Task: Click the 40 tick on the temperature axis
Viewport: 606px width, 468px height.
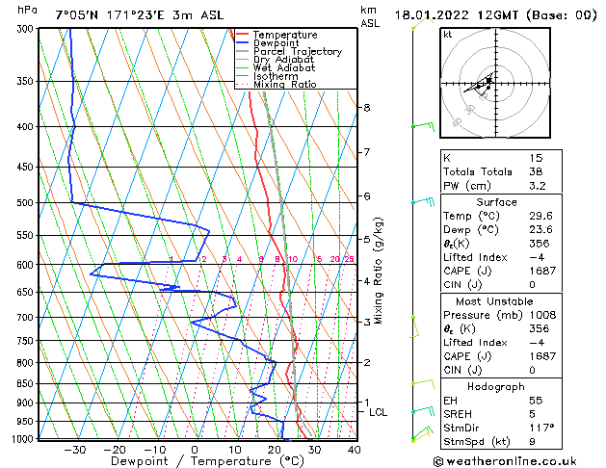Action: coord(354,449)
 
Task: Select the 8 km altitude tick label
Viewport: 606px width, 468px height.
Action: coord(367,107)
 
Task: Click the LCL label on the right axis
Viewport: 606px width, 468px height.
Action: coord(379,412)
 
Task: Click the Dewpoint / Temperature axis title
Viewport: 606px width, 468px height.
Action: coord(195,461)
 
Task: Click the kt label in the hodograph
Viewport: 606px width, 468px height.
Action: coord(447,34)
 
